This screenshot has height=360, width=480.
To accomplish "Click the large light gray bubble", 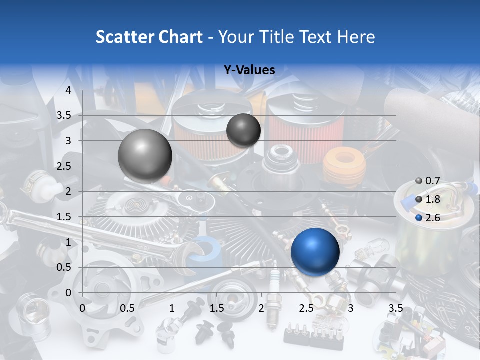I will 145,156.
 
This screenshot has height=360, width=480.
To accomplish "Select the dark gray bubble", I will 243,130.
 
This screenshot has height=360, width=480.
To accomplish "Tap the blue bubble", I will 315,252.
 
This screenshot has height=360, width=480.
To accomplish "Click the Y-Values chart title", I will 249,70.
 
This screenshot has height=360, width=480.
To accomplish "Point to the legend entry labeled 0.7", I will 428,181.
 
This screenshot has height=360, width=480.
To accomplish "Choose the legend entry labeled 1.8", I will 428,199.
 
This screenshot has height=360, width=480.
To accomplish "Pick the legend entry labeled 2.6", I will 428,218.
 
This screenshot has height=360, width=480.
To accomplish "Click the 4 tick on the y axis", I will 68,90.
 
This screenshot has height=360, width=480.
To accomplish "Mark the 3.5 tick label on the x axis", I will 395,308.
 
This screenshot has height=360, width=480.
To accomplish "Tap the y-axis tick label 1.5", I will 64,217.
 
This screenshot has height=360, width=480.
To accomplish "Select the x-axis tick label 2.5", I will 306,308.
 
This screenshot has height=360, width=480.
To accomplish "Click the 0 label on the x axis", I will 82,308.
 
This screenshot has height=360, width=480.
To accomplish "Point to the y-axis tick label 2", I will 68,191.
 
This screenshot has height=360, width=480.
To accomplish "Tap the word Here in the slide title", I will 356,37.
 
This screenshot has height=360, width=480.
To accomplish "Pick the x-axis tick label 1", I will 172,308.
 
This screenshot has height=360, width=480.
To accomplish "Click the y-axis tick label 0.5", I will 64,267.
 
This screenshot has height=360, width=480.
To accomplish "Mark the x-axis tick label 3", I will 351,308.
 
